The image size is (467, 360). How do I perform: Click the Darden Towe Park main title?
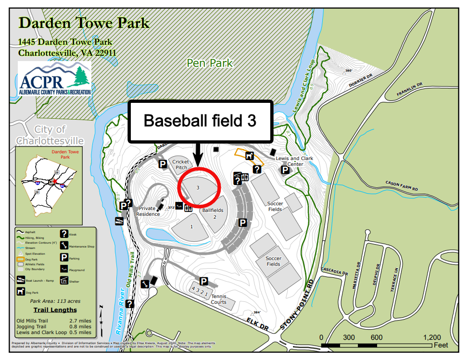tap(84, 23)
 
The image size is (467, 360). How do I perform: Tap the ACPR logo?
tap(54, 78)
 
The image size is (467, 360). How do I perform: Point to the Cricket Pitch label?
tap(181, 164)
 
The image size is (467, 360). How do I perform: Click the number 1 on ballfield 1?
tap(191, 226)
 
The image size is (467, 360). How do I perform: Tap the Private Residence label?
tap(148, 211)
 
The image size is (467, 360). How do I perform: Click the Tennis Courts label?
tap(219, 299)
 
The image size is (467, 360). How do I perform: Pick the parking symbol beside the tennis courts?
tap(203, 282)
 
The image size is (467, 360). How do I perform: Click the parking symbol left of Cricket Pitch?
tap(163, 164)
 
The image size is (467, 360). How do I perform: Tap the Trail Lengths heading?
tap(54, 310)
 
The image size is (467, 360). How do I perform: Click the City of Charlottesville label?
tap(50, 135)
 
